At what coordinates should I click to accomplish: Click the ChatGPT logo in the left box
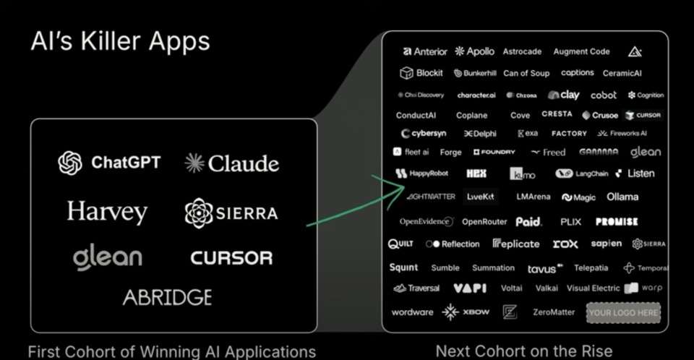tap(110, 162)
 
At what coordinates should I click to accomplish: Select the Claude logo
tap(231, 163)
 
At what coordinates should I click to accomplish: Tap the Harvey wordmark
tap(107, 212)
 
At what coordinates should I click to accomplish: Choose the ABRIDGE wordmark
tap(167, 297)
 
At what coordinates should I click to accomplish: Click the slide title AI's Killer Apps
tap(120, 41)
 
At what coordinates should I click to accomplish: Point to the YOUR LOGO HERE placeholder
tap(623, 313)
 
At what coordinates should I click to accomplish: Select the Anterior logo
tap(426, 51)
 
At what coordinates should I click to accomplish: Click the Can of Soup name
tap(526, 73)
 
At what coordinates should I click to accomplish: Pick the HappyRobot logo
tap(423, 173)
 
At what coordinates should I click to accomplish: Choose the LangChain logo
tap(582, 173)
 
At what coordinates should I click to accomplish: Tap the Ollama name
tap(622, 197)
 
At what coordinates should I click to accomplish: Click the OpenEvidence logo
tap(426, 222)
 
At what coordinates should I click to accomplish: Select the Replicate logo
tap(516, 244)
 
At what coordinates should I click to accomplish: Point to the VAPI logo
tap(470, 288)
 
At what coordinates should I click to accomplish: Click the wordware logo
tap(412, 312)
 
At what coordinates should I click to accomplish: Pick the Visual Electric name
tap(593, 288)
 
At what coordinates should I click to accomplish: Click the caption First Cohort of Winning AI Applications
tap(171, 352)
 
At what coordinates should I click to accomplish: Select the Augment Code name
tap(581, 51)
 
